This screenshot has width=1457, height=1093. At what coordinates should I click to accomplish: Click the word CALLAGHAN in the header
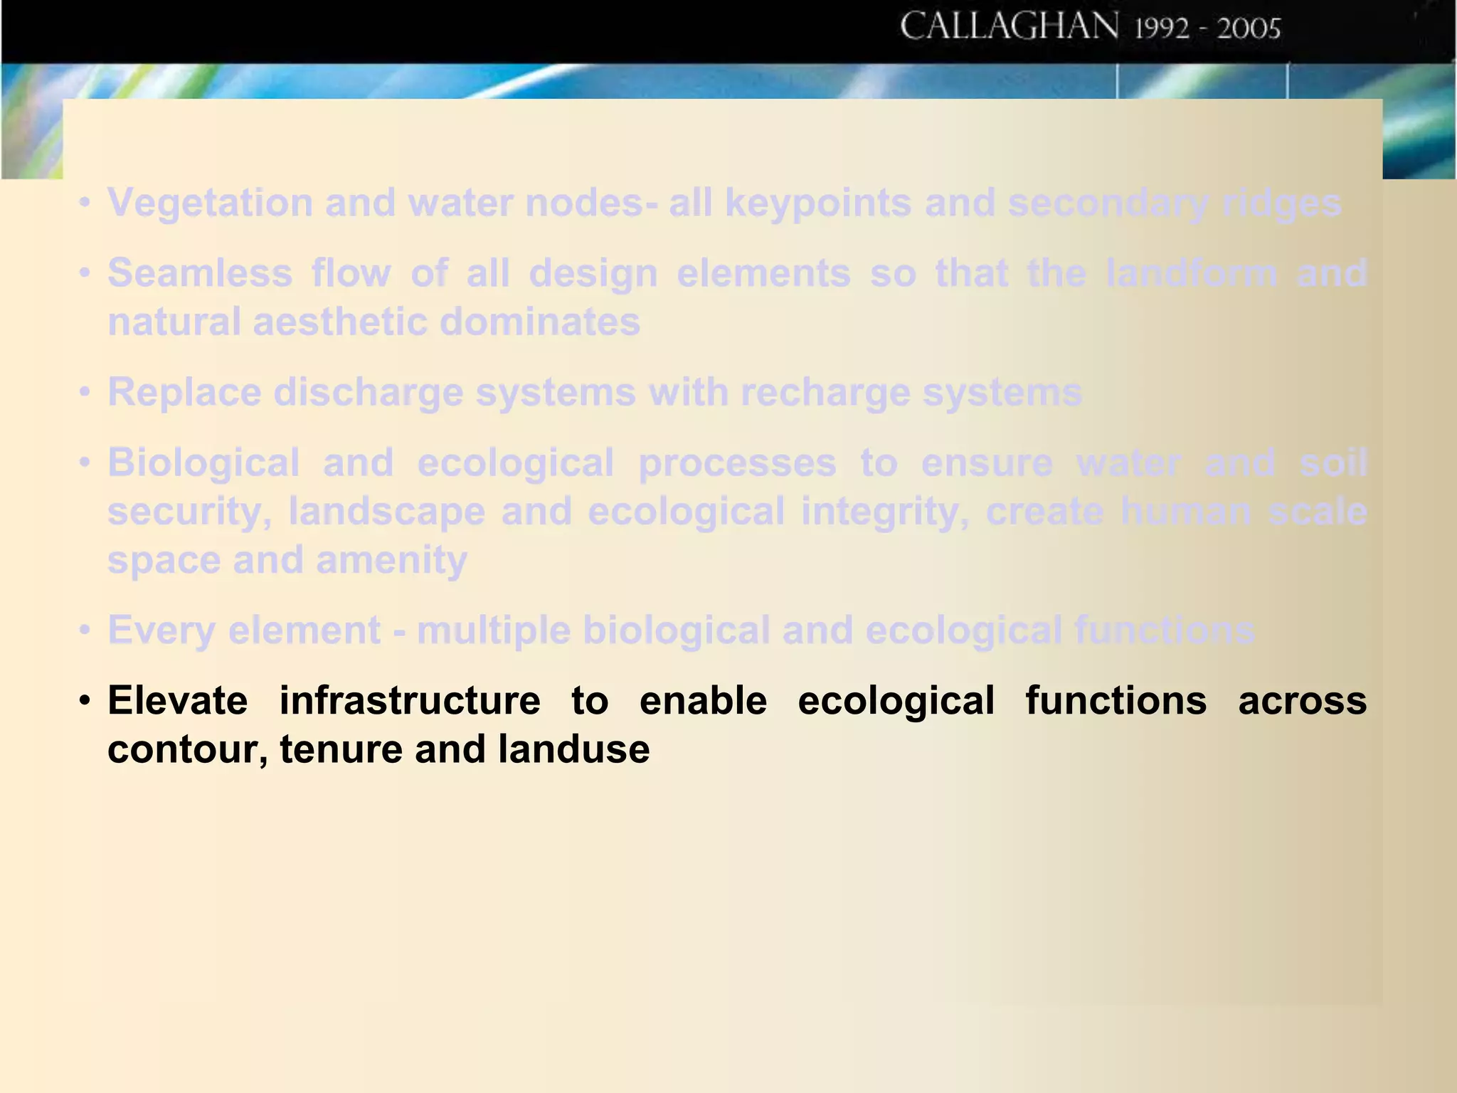click(x=1009, y=27)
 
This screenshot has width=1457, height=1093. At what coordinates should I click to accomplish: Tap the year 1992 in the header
click(x=1161, y=28)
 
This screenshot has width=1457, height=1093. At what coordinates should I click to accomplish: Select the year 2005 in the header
click(x=1249, y=28)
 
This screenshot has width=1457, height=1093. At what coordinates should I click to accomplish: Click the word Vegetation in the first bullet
click(x=210, y=203)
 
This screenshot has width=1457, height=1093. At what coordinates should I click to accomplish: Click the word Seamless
click(x=200, y=273)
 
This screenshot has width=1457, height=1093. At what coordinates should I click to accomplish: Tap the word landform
click(x=1192, y=273)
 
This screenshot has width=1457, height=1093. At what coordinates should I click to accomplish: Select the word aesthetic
click(x=339, y=322)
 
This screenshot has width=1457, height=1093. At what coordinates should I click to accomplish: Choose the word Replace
click(x=184, y=392)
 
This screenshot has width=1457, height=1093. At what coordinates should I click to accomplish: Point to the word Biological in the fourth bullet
click(x=203, y=463)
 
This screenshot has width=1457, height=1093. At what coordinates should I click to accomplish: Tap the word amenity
click(x=391, y=560)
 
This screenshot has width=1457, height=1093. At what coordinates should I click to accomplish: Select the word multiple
click(x=493, y=630)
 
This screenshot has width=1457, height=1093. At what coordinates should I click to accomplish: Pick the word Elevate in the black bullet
click(x=178, y=701)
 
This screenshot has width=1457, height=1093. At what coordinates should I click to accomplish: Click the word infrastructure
click(x=410, y=701)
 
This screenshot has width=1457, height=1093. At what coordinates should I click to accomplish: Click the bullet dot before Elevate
click(x=85, y=701)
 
